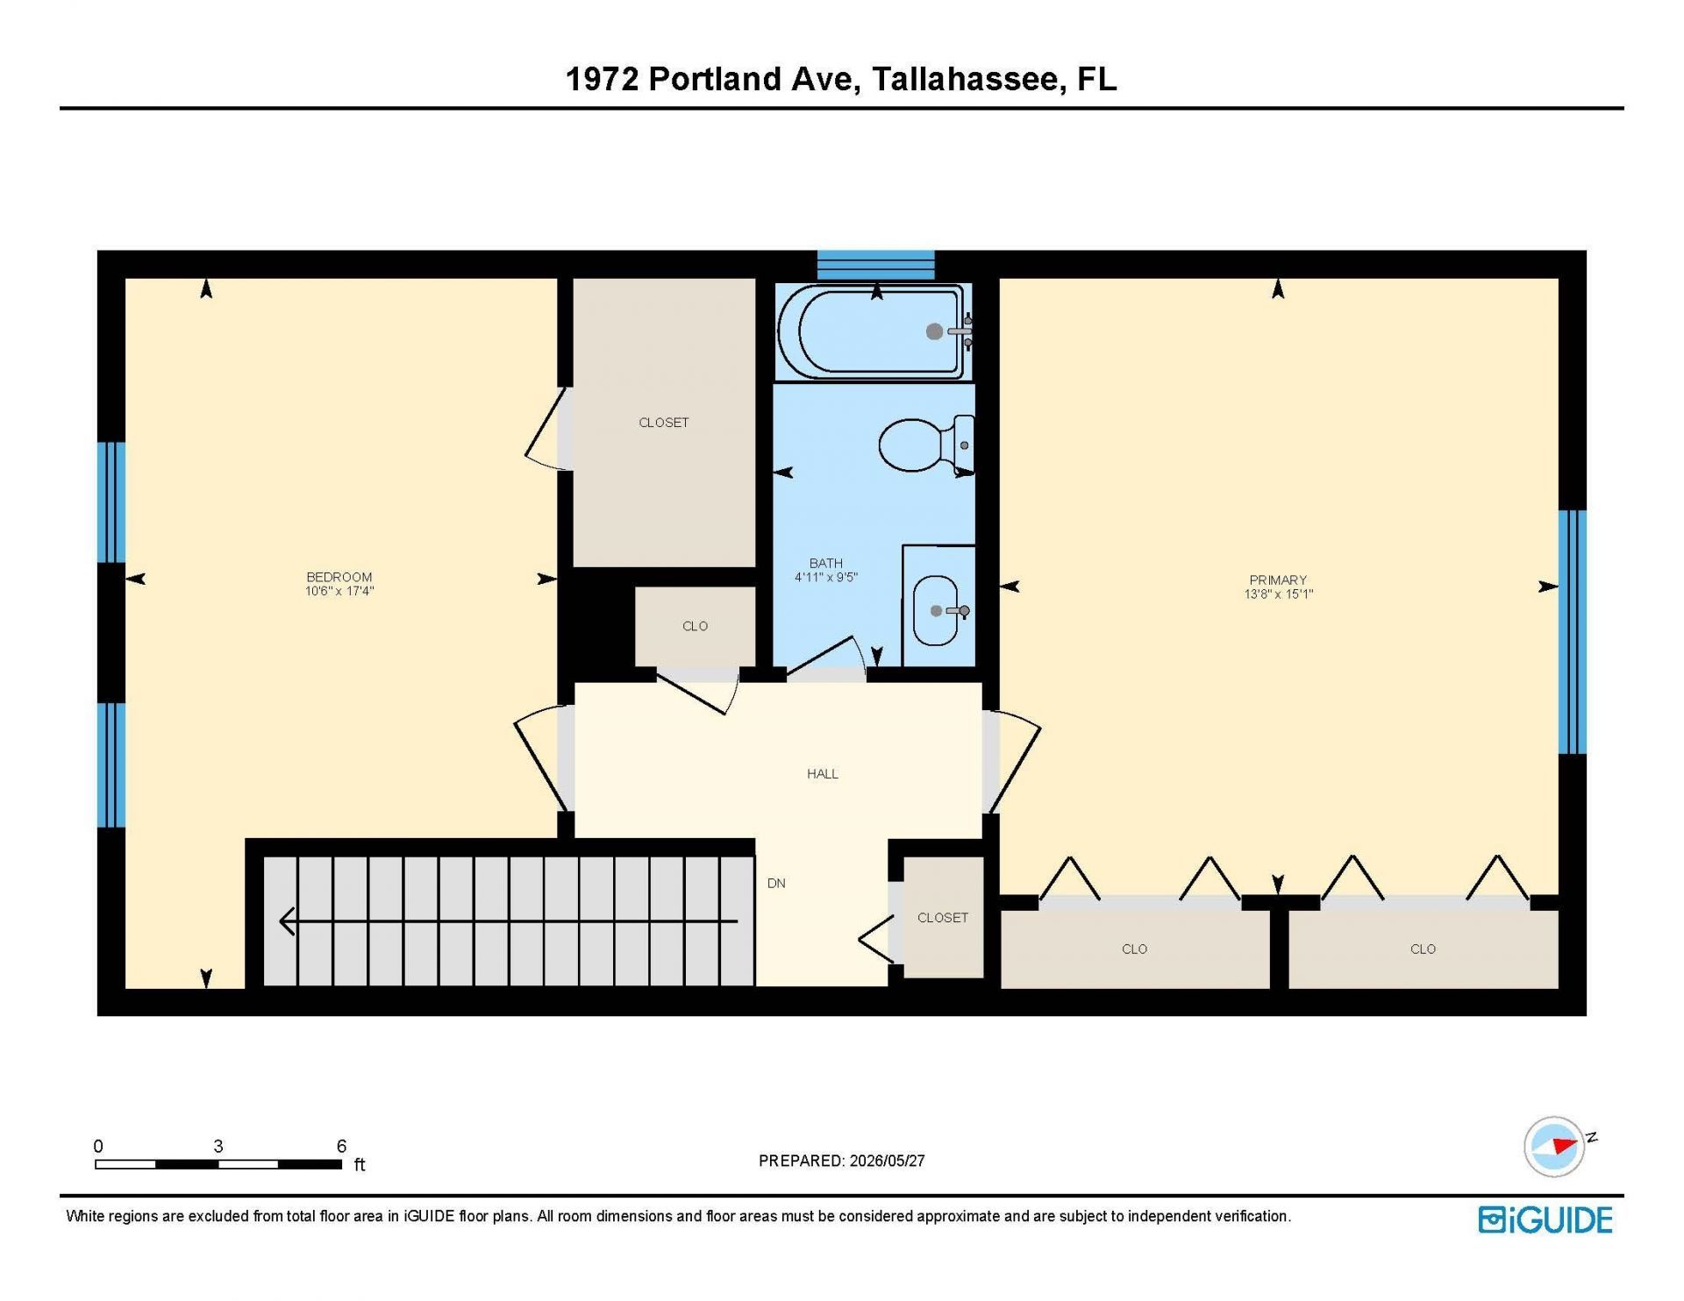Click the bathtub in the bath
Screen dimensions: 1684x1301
(x=874, y=331)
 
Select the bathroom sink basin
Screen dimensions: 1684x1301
(x=937, y=611)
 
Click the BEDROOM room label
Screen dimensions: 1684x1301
(x=339, y=577)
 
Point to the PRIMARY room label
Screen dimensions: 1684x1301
(x=1278, y=579)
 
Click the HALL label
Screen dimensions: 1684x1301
(x=823, y=773)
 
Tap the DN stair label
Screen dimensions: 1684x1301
(x=776, y=883)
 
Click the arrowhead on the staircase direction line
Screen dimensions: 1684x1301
(x=287, y=921)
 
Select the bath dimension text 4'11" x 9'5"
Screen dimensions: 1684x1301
(x=825, y=577)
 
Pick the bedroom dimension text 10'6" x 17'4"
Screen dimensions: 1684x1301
(x=339, y=591)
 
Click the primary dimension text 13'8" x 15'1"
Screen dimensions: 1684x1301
(x=1278, y=594)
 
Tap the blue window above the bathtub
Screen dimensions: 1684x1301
(x=876, y=265)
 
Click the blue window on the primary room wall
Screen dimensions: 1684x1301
(x=1572, y=632)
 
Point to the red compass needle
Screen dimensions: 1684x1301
(x=1564, y=1145)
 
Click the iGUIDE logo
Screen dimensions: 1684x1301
(x=1545, y=1219)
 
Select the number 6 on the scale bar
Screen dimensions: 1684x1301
(x=341, y=1146)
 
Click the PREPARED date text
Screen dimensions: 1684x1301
(x=841, y=1161)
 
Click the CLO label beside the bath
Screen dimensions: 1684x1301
(x=695, y=626)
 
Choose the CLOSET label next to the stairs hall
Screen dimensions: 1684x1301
(x=943, y=917)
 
